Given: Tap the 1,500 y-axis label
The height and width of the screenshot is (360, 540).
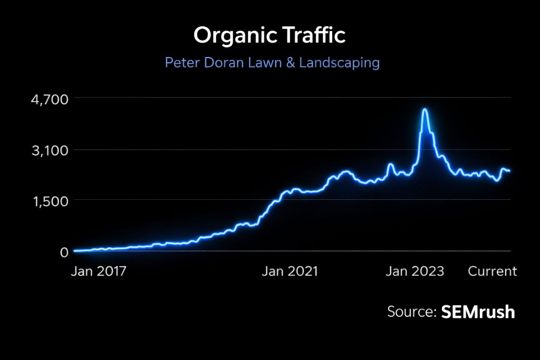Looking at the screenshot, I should [47, 201].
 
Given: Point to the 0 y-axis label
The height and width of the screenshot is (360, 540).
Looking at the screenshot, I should [63, 252].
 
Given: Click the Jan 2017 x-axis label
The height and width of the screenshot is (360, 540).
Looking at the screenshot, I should [99, 271].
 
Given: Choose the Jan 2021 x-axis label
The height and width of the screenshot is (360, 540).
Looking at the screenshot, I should [291, 271].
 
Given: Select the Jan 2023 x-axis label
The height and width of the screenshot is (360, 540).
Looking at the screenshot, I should [415, 271].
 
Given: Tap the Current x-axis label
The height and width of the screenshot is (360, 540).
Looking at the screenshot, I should [493, 271].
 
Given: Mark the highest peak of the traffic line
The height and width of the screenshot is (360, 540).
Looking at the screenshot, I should [425, 110].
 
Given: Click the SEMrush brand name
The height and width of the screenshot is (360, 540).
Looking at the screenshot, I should [477, 312].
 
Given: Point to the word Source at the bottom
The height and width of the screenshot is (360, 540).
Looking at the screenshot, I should [410, 312].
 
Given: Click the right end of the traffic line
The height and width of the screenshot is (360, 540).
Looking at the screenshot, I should [509, 171].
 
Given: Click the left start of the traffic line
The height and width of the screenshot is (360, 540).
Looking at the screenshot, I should [75, 251].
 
